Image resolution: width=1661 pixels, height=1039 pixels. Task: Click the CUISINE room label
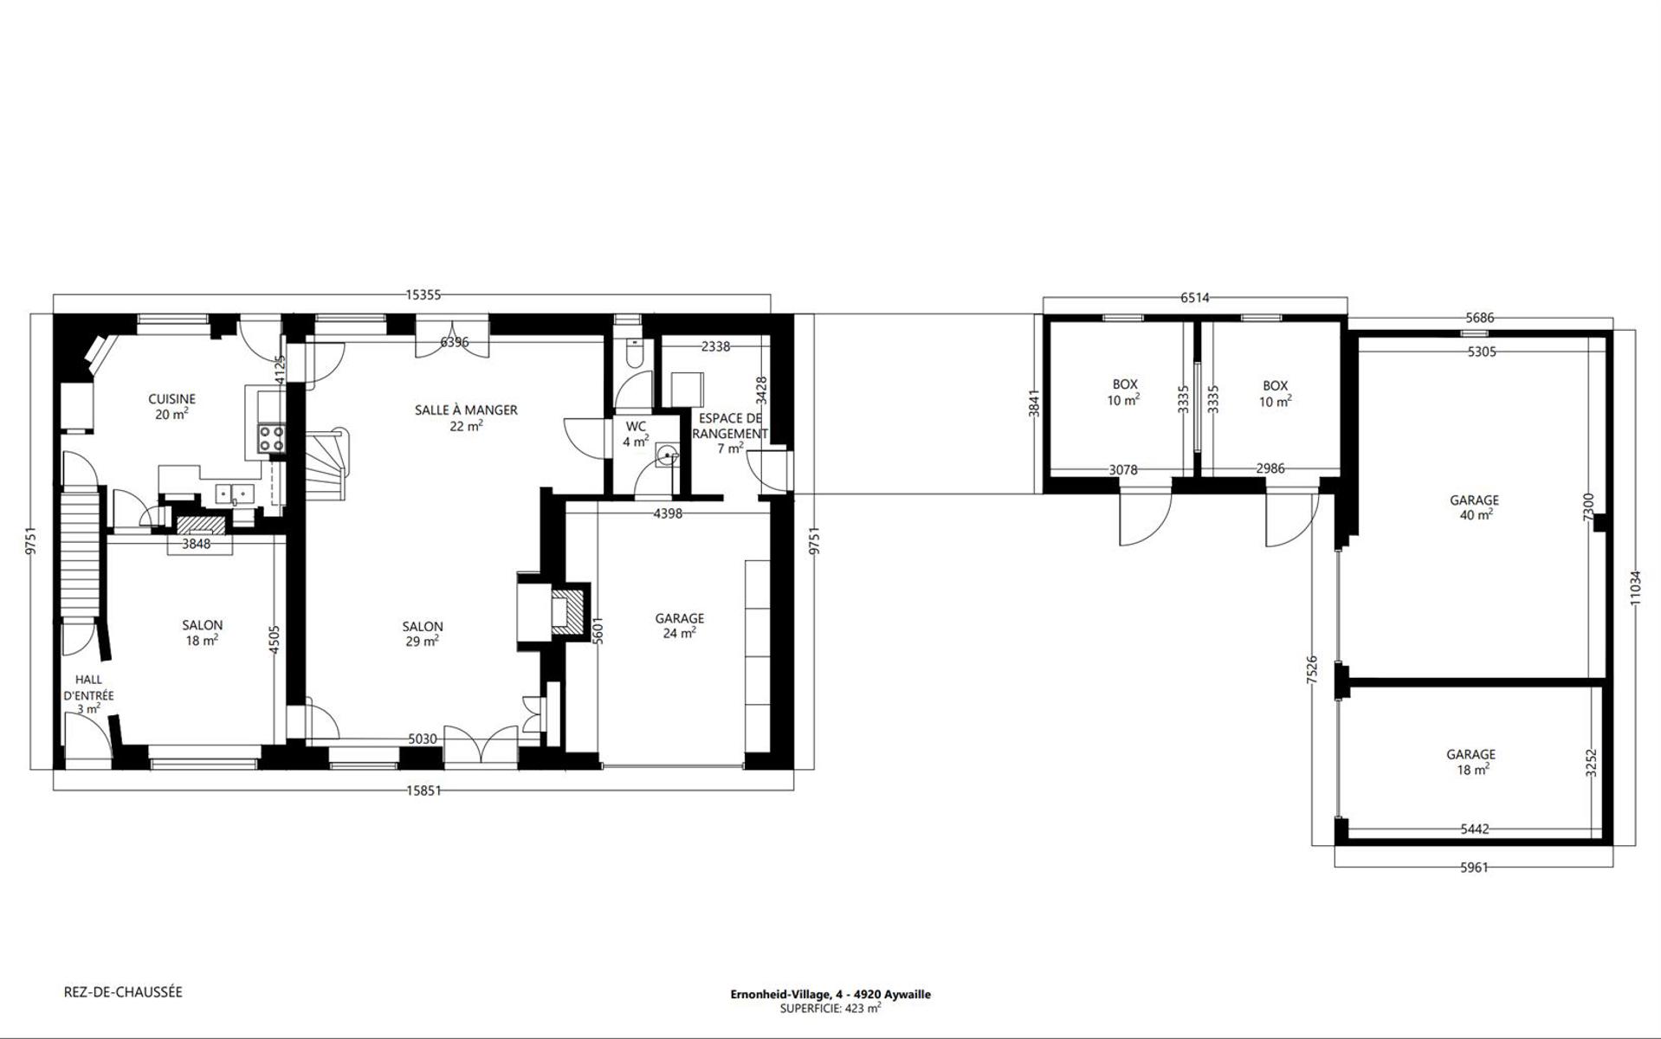(x=171, y=406)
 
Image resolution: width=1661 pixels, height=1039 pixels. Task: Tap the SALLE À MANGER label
(x=466, y=417)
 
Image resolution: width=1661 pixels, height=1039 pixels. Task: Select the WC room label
(x=636, y=434)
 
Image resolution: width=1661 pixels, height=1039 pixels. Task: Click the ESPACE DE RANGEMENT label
(x=729, y=433)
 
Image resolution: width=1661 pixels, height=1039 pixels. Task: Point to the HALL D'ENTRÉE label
(x=88, y=694)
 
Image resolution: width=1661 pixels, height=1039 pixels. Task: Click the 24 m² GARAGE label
(x=679, y=625)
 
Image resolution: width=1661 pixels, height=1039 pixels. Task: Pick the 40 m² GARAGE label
(x=1474, y=507)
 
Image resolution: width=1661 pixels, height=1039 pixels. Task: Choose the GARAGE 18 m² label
(x=1470, y=762)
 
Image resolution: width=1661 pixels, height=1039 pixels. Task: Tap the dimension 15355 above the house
(x=423, y=294)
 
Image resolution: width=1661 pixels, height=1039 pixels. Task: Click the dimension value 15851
(x=423, y=790)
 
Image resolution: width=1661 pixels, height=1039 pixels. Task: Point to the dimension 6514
(x=1194, y=298)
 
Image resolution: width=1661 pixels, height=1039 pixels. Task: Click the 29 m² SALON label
(x=423, y=634)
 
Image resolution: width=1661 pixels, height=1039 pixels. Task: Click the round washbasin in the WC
(x=667, y=455)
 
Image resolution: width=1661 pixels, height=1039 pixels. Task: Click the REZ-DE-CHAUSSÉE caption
(x=123, y=992)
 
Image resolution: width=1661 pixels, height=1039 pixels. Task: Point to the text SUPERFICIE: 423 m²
(x=830, y=1008)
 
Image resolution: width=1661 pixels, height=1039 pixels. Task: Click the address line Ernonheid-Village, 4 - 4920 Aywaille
(x=830, y=994)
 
